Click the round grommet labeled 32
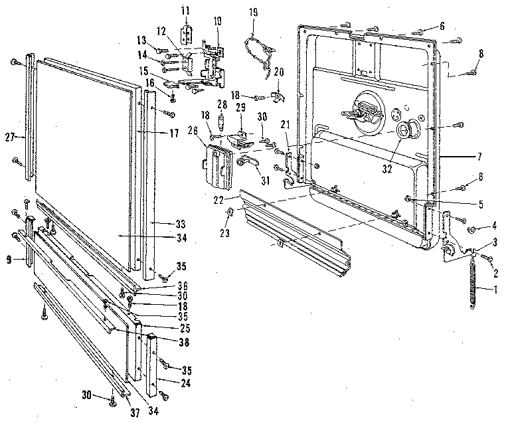(x=404, y=131)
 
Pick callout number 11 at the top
(x=186, y=11)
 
